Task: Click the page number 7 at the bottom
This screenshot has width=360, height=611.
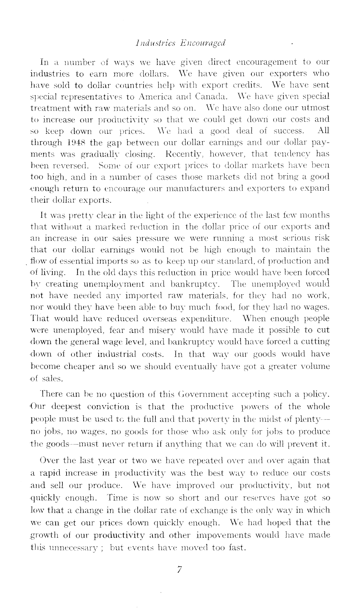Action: [x=180, y=570]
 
